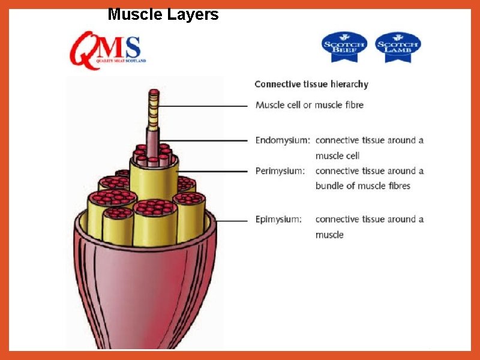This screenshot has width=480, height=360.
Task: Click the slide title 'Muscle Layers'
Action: click(163, 14)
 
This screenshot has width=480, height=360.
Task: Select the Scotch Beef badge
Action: click(344, 47)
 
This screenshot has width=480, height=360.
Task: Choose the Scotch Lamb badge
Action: click(398, 47)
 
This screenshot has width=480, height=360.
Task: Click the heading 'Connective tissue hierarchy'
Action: click(311, 85)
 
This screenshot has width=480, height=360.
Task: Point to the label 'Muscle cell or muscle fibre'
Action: click(310, 105)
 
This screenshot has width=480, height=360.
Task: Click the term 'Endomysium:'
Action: click(283, 140)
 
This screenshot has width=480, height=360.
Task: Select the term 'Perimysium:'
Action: click(280, 171)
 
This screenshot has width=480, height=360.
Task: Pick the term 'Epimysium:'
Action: click(278, 220)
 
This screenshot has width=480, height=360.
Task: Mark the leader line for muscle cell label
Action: click(204, 106)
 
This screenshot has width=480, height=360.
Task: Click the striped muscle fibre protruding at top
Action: click(154, 111)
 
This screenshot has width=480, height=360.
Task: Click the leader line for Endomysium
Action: click(207, 141)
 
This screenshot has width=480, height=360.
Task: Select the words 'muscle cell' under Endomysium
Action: click(338, 156)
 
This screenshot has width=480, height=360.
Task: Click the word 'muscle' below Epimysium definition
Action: click(329, 235)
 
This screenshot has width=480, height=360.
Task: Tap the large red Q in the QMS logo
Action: click(85, 50)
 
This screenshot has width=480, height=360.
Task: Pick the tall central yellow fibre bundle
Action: click(154, 180)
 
